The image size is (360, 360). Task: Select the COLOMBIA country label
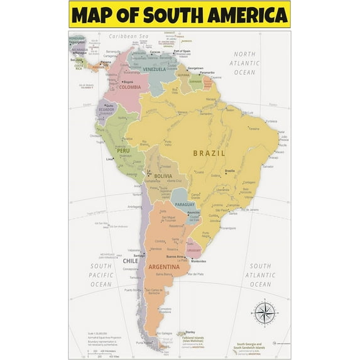coord(130,87)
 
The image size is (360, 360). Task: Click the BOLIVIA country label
coord(163,177)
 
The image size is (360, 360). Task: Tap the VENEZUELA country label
coord(154,68)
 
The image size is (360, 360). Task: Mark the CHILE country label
coord(130,261)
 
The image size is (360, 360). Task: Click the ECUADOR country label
coord(106,110)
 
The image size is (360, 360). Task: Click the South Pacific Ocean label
coord(101,275)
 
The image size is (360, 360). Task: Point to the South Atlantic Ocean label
coord(260,275)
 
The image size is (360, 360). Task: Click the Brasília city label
coord(230,171)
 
